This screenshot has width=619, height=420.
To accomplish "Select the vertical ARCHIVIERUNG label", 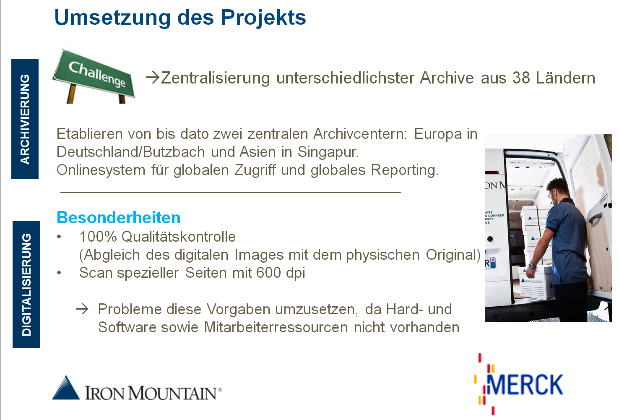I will [25, 119].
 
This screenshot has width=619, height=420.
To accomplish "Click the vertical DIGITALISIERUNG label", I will [26, 284].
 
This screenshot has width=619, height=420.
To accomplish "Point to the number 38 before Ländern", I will [521, 78].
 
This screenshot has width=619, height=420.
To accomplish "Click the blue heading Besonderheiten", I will [119, 218].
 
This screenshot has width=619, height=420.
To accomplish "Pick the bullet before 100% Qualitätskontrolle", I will [59, 237].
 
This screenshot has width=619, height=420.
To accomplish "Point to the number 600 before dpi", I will [268, 273].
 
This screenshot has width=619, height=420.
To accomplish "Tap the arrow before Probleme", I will [83, 309].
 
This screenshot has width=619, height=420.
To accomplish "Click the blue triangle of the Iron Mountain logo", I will [66, 388].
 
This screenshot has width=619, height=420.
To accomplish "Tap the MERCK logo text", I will [525, 384].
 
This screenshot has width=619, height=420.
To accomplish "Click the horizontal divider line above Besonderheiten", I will [230, 192].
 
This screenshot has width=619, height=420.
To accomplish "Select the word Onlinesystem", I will [101, 170].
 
